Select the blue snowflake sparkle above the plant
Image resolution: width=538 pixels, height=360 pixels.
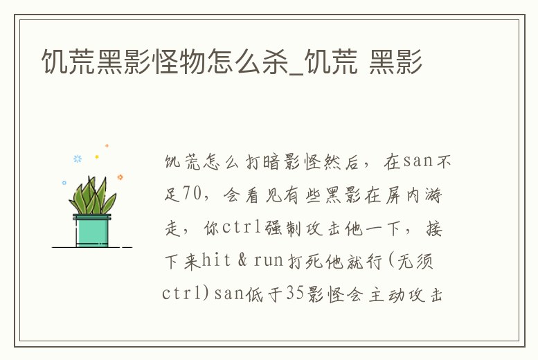click(x=78, y=159)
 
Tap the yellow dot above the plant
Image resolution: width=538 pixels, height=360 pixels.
click(x=97, y=157)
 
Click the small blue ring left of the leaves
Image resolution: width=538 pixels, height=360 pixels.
click(x=64, y=183)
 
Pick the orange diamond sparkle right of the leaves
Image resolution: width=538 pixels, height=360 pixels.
click(x=120, y=177)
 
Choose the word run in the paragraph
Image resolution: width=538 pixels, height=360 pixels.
click(x=268, y=261)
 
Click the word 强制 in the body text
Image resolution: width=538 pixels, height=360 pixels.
click(x=287, y=228)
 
